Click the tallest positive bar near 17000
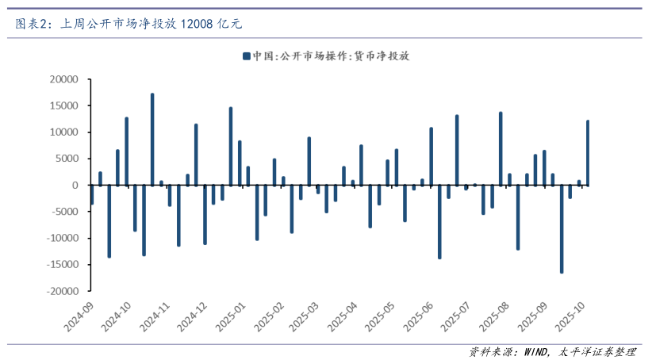tap(152, 139)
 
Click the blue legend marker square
tap(247, 56)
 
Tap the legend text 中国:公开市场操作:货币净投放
tap(331, 56)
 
